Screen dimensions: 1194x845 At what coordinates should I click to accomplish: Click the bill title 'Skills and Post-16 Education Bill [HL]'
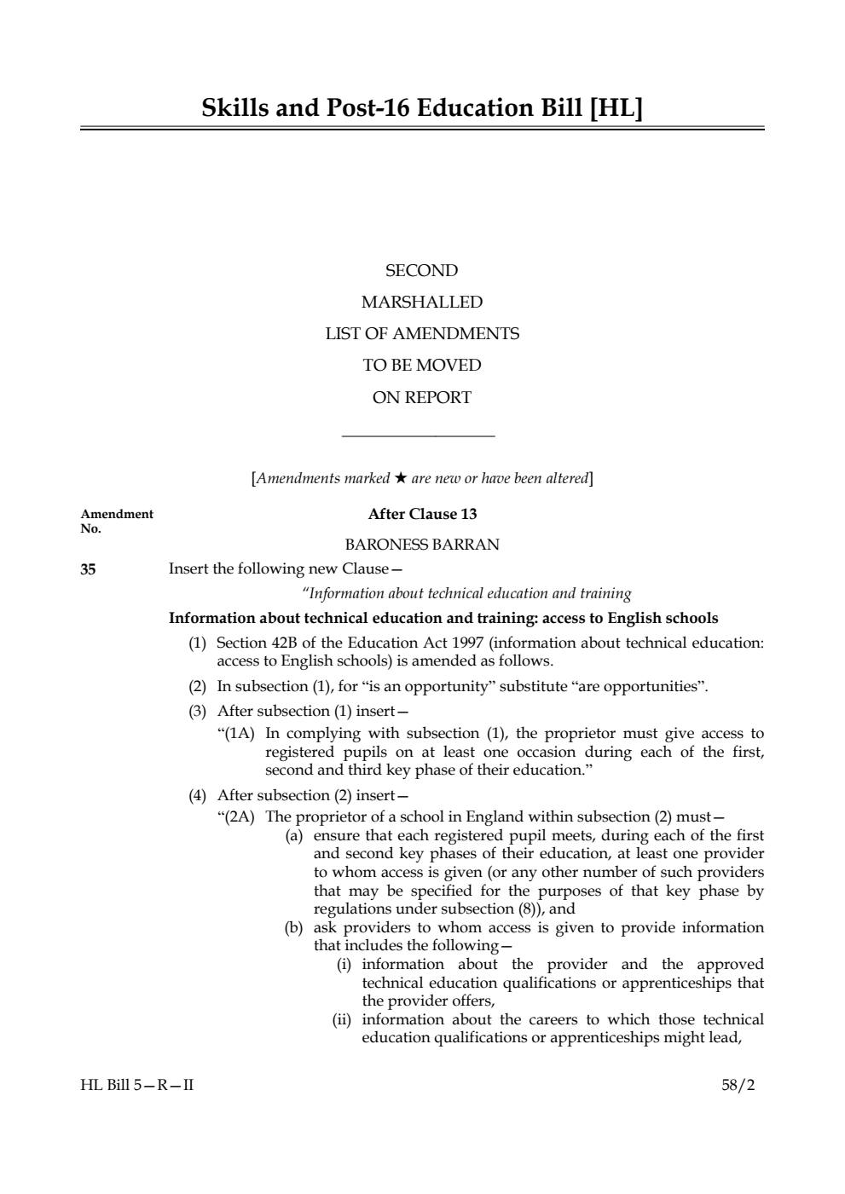click(422, 108)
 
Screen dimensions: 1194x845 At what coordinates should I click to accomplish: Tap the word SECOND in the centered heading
click(421, 271)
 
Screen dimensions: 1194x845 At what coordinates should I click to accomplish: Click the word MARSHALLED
click(421, 303)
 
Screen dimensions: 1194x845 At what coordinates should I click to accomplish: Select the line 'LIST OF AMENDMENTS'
click(421, 334)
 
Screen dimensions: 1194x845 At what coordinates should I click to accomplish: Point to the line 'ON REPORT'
click(421, 397)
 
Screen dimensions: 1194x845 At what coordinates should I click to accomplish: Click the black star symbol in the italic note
click(400, 478)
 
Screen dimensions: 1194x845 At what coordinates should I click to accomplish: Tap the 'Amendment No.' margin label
click(117, 521)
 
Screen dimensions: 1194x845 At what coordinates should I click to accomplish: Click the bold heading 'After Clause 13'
click(422, 514)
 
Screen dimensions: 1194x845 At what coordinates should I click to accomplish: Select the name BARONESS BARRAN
click(421, 545)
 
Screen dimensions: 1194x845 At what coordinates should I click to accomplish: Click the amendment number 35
click(89, 569)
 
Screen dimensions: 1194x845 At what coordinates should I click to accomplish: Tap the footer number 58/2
click(738, 1086)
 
